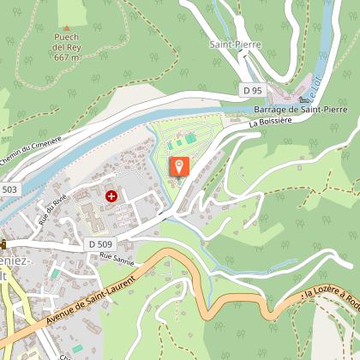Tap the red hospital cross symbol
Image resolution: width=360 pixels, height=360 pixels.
point(111,196)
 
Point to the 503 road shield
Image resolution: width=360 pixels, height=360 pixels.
point(9,189)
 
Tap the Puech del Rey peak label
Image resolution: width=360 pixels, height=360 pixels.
point(66,43)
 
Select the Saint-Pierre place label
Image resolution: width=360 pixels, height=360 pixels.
point(235,42)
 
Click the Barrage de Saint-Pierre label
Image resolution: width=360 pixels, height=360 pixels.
point(300,110)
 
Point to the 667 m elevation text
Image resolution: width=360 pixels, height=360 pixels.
point(66,58)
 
